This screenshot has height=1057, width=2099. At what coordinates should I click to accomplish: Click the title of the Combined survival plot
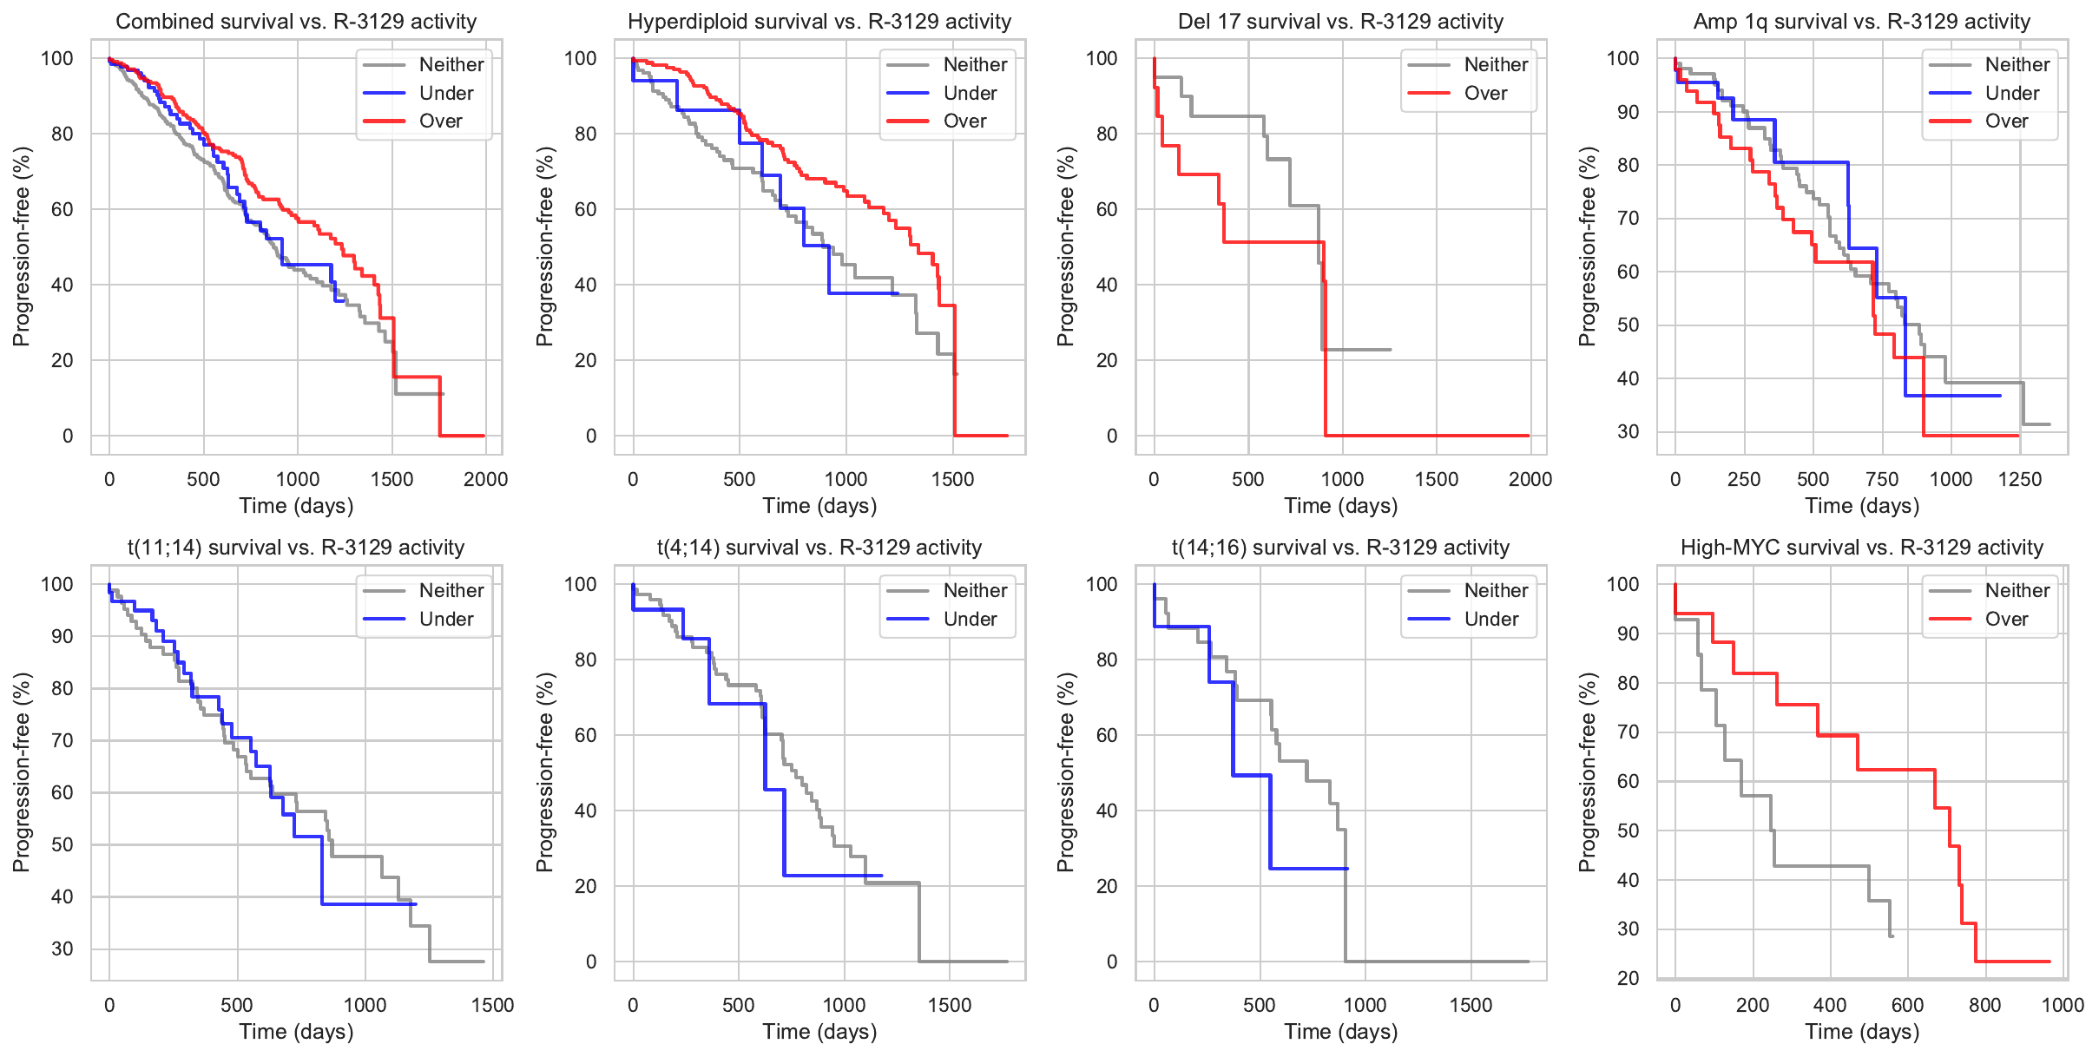(x=296, y=22)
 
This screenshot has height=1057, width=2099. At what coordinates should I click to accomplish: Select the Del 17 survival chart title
(x=1340, y=22)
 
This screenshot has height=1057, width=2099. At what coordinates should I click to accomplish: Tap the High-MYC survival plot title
(x=1862, y=548)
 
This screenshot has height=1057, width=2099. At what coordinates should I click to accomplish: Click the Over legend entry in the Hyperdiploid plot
(x=964, y=121)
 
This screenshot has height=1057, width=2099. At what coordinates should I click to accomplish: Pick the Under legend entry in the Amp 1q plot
(x=2011, y=93)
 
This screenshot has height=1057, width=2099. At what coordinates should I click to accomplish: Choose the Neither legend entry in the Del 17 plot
(x=1496, y=64)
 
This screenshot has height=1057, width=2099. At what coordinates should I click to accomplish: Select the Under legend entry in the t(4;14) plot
(x=970, y=619)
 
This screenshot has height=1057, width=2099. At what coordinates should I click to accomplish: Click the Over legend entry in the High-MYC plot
(x=2006, y=619)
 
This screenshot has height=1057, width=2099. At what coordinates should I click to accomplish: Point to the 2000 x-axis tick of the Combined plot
(x=485, y=479)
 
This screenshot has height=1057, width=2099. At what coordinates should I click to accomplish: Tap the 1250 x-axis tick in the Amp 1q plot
(x=2020, y=479)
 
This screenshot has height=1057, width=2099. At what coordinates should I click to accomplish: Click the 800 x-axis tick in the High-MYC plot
(x=1985, y=1005)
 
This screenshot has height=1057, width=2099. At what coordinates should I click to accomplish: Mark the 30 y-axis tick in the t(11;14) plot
(x=63, y=949)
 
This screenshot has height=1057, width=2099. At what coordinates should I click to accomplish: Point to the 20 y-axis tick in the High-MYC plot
(x=1629, y=978)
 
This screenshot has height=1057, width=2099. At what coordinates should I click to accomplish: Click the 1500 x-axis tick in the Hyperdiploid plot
(x=952, y=479)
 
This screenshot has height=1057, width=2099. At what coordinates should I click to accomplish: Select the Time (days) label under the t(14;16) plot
(x=1340, y=1032)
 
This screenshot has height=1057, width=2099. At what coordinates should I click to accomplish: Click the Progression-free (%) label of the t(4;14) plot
(x=544, y=772)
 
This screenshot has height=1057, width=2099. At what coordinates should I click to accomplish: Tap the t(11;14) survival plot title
(x=296, y=548)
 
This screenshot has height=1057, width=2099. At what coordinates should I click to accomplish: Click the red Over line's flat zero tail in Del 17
(x=1432, y=436)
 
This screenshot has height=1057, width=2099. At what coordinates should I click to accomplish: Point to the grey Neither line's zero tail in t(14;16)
(x=1441, y=962)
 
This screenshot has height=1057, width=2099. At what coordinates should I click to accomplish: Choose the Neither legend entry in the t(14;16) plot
(x=1496, y=590)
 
